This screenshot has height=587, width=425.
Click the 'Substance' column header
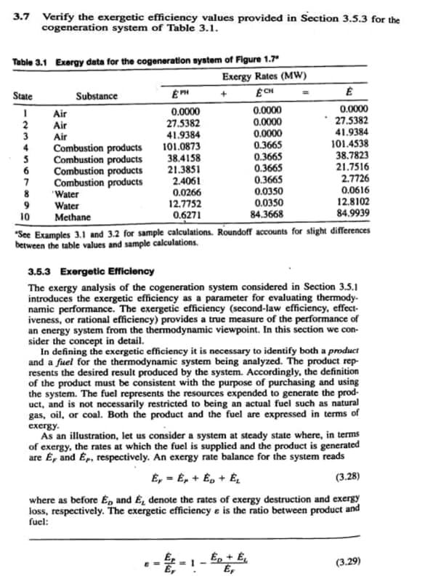(x=96, y=96)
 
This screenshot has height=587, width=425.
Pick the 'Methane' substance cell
(x=72, y=216)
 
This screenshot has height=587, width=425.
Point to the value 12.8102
(x=352, y=204)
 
